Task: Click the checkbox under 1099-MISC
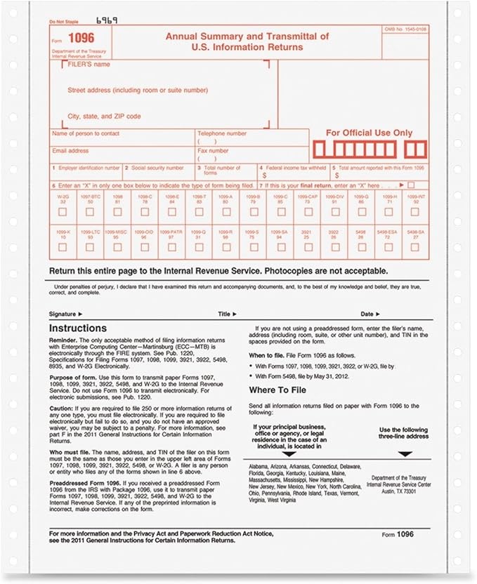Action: click(x=117, y=247)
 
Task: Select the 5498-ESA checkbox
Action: click(x=388, y=247)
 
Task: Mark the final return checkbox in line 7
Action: click(x=411, y=185)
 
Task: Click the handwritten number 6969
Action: click(x=106, y=21)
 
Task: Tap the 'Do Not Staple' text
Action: click(x=63, y=23)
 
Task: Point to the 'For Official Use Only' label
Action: click(x=369, y=133)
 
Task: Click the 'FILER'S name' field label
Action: click(x=90, y=64)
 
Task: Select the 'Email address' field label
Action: click(x=70, y=151)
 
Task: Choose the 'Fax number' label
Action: click(x=213, y=151)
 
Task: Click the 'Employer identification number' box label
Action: click(x=87, y=168)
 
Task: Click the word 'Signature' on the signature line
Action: click(x=65, y=314)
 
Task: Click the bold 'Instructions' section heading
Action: click(x=77, y=328)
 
